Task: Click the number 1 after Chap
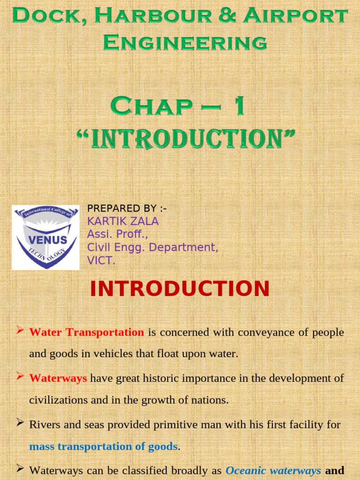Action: pyautogui.click(x=239, y=106)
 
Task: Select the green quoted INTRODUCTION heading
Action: pyautogui.click(x=186, y=139)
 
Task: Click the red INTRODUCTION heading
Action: pyautogui.click(x=180, y=289)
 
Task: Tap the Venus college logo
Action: pyautogui.click(x=45, y=238)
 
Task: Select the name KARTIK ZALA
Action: pyautogui.click(x=123, y=221)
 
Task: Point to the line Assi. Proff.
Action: pyautogui.click(x=117, y=234)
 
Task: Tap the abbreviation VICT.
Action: pyautogui.click(x=101, y=261)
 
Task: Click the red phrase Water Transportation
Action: pyautogui.click(x=87, y=333)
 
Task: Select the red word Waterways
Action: pyautogui.click(x=58, y=379)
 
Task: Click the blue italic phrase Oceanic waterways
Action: pyautogui.click(x=273, y=470)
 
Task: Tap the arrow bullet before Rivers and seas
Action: pyautogui.click(x=20, y=423)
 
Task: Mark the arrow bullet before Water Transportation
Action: pyautogui.click(x=20, y=331)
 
